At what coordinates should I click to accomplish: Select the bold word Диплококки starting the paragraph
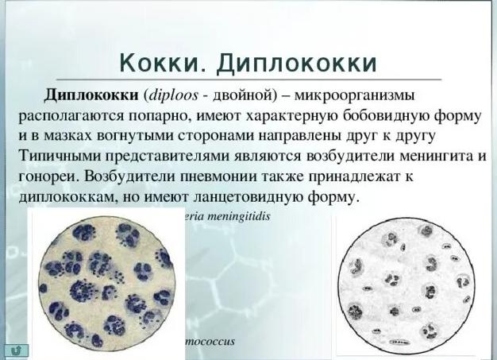88,95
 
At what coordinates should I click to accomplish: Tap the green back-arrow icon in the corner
14,349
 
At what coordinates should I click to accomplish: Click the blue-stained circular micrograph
103,281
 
